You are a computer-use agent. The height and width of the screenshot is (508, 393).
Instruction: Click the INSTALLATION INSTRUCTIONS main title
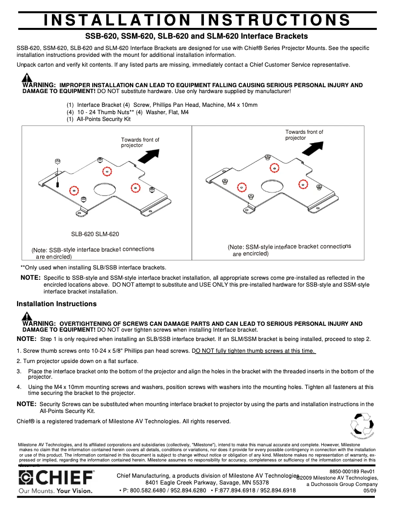tap(197, 20)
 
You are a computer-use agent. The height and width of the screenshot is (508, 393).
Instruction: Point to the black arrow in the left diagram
tap(150, 156)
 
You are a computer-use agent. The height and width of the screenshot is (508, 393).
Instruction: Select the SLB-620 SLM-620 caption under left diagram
tap(95, 235)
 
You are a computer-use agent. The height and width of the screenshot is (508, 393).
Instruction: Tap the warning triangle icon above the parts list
tap(27, 78)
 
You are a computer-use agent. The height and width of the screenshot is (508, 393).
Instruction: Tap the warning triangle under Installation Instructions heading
tap(27, 316)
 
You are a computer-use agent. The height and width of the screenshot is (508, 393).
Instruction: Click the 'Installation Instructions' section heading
tap(56, 304)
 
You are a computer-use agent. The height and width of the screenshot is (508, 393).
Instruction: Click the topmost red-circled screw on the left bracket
tap(107, 171)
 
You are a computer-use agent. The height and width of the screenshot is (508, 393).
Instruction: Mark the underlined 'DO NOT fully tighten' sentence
tap(255, 351)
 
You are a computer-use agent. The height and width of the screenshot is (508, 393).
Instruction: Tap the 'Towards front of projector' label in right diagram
tap(304, 135)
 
